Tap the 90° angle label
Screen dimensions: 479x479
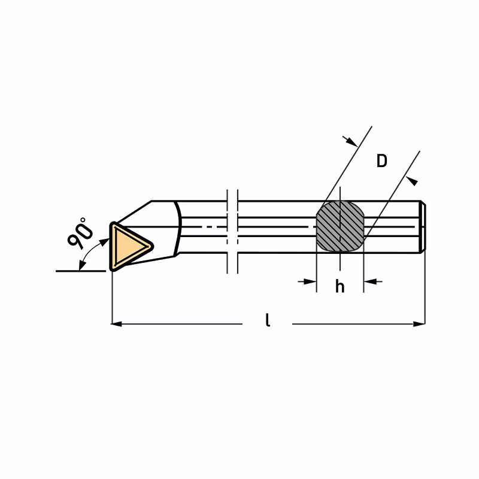coord(80,233)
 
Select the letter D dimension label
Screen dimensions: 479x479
coord(382,160)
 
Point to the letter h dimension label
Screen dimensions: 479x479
coord(340,287)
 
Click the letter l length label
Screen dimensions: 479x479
coord(268,320)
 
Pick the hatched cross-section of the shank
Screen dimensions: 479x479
coord(340,226)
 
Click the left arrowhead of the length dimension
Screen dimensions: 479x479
coord(116,323)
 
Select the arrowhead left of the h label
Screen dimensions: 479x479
coord(310,281)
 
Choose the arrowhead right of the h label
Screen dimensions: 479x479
coord(370,281)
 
